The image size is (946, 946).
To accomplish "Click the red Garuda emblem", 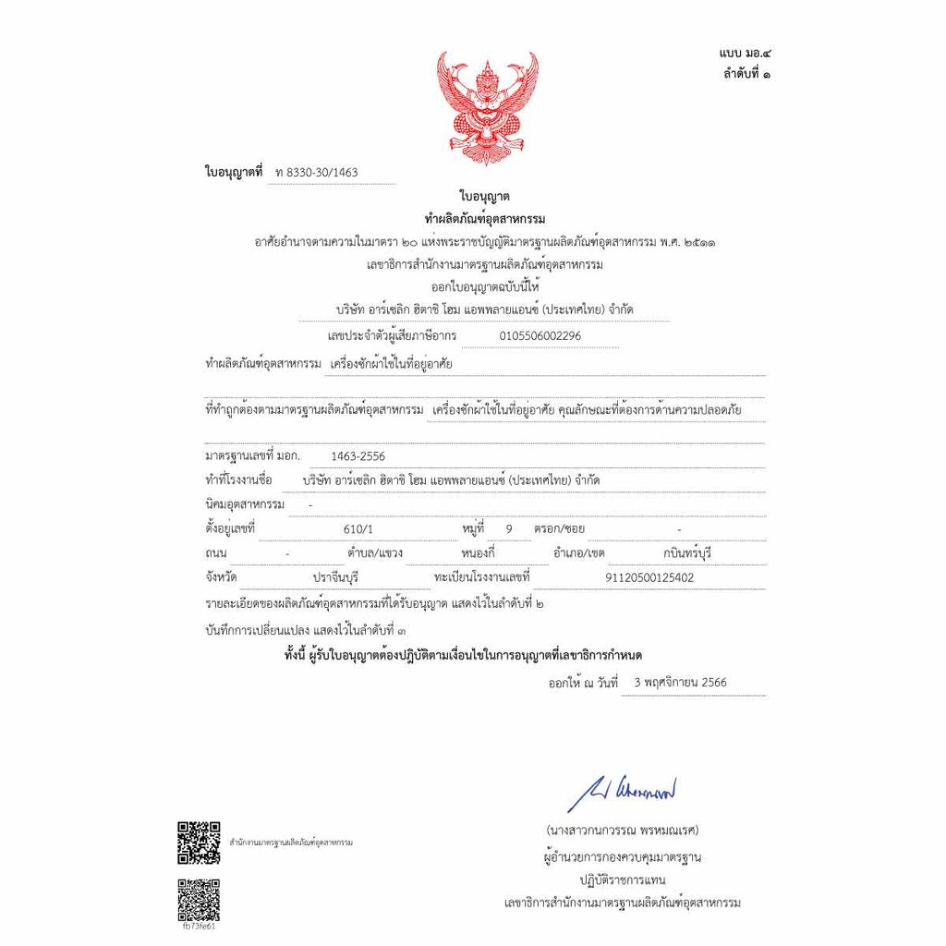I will click(x=487, y=107).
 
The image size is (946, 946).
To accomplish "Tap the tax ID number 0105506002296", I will click(x=540, y=336).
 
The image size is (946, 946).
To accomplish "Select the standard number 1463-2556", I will click(x=358, y=456).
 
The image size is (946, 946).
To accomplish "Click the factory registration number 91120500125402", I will click(x=649, y=577).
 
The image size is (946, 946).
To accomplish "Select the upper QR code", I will click(x=199, y=842).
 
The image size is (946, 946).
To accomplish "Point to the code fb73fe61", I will click(x=199, y=927).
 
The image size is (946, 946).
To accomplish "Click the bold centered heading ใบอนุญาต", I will click(x=485, y=197).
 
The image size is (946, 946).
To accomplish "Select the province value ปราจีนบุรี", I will click(x=335, y=577).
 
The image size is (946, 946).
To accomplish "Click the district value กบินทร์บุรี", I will click(x=687, y=553).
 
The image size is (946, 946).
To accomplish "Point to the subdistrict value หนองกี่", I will click(x=478, y=553).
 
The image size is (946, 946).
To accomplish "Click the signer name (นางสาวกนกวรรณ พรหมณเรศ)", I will click(x=622, y=830).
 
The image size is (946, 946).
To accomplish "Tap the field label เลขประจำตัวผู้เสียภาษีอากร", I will click(x=392, y=336).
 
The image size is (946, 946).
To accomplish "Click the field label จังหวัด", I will click(x=222, y=577).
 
